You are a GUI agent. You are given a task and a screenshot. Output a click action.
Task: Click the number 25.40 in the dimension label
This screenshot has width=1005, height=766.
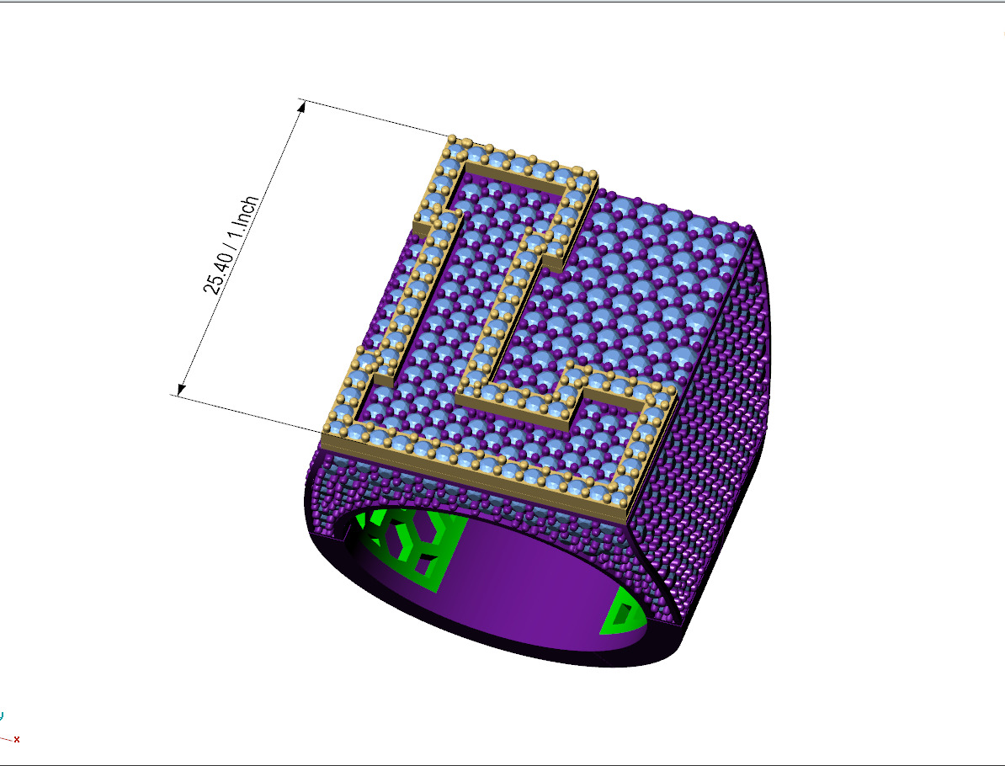[217, 272]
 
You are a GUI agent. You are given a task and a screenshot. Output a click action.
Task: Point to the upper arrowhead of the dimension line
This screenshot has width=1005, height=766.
[301, 105]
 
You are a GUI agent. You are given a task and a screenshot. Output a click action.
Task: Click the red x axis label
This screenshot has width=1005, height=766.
[17, 739]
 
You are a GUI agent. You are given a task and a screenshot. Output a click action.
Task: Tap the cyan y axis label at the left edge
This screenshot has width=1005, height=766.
[2, 715]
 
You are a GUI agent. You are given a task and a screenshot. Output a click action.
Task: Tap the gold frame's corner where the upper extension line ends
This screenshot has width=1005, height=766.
[453, 139]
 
